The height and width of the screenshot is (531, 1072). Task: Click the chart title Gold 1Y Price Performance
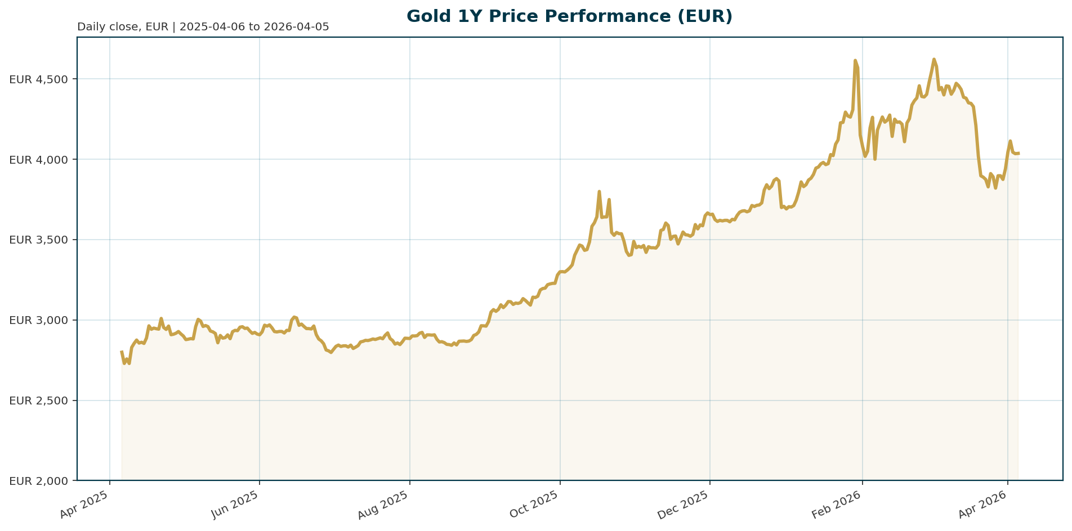569,16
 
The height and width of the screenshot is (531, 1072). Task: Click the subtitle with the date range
203,27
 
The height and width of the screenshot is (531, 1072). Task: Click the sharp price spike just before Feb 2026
855,60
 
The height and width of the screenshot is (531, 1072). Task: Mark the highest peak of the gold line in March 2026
933,59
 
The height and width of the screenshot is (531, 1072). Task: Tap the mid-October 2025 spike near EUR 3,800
599,192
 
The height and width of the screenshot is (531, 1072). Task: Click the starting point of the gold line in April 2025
122,352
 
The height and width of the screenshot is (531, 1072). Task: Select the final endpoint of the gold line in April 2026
1019,153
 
